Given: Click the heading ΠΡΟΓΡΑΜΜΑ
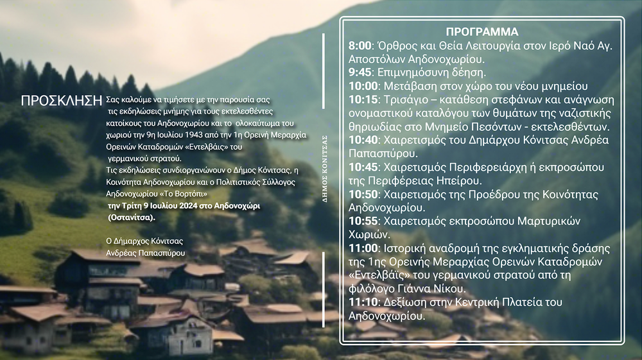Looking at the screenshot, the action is pyautogui.click(x=482, y=31).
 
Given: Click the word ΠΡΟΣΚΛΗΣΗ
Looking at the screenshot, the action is pyautogui.click(x=62, y=101).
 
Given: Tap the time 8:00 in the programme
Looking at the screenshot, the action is pyautogui.click(x=360, y=46).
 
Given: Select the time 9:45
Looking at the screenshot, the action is pyautogui.click(x=360, y=73).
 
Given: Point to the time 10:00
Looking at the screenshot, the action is pyautogui.click(x=363, y=86).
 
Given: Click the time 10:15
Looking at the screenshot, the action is pyautogui.click(x=363, y=99).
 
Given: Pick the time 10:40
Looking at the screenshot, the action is pyautogui.click(x=363, y=140).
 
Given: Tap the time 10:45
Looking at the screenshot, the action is pyautogui.click(x=363, y=167).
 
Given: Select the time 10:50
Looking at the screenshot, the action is pyautogui.click(x=363, y=194).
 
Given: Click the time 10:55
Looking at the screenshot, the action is pyautogui.click(x=363, y=221).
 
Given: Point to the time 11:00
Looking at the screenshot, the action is pyautogui.click(x=363, y=248).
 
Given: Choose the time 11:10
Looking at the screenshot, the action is pyautogui.click(x=363, y=302).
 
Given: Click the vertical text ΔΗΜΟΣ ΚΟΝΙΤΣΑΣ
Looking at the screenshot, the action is pyautogui.click(x=325, y=169).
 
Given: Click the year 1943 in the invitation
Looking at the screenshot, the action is pyautogui.click(x=194, y=135).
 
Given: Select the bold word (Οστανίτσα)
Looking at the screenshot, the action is pyautogui.click(x=132, y=218).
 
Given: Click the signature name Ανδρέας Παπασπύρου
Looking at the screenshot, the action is pyautogui.click(x=145, y=253).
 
